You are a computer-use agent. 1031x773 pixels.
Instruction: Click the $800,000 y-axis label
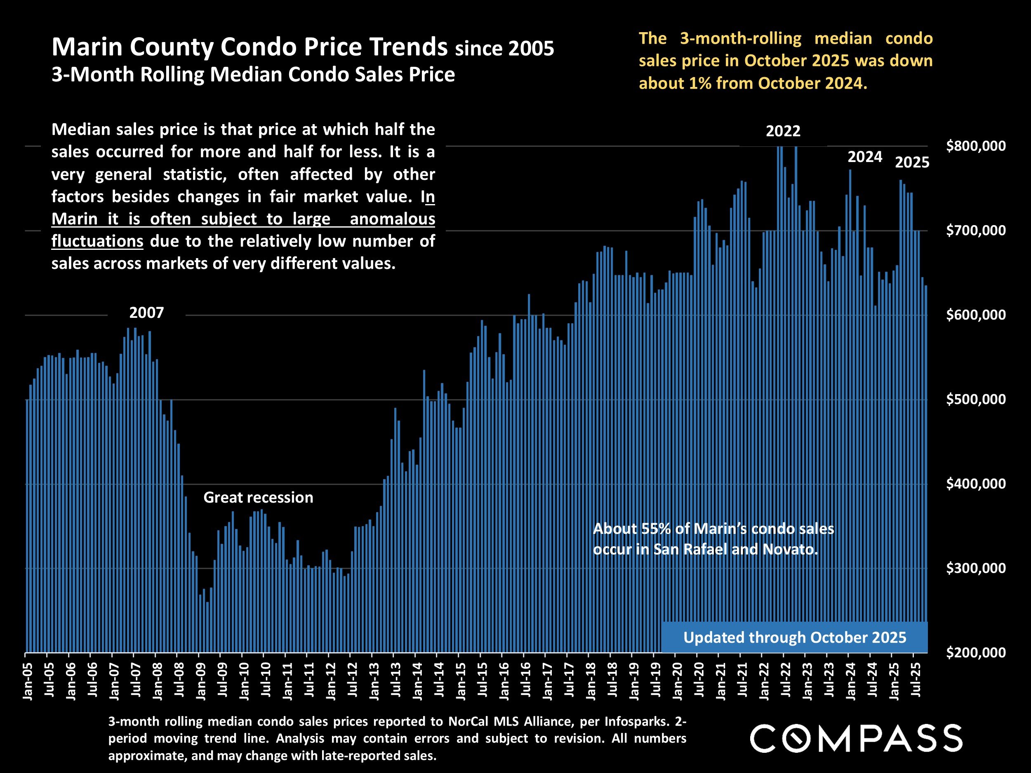(x=976, y=146)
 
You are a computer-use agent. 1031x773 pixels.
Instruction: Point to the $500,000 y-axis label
(x=976, y=399)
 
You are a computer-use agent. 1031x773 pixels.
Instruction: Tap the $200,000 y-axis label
(x=976, y=652)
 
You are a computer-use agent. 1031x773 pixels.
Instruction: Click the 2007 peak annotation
(x=146, y=312)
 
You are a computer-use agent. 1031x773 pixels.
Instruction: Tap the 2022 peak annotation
(x=783, y=131)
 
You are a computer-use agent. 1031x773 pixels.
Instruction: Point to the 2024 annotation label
(x=865, y=157)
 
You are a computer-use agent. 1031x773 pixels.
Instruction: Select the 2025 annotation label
(x=912, y=162)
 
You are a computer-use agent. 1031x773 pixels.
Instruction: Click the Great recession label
(x=258, y=498)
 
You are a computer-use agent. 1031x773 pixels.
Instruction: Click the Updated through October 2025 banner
(x=795, y=637)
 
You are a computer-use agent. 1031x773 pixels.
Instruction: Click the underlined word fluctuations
(x=97, y=241)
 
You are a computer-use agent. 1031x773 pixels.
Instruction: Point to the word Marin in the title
(x=87, y=47)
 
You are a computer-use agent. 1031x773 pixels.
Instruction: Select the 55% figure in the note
(x=656, y=529)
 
